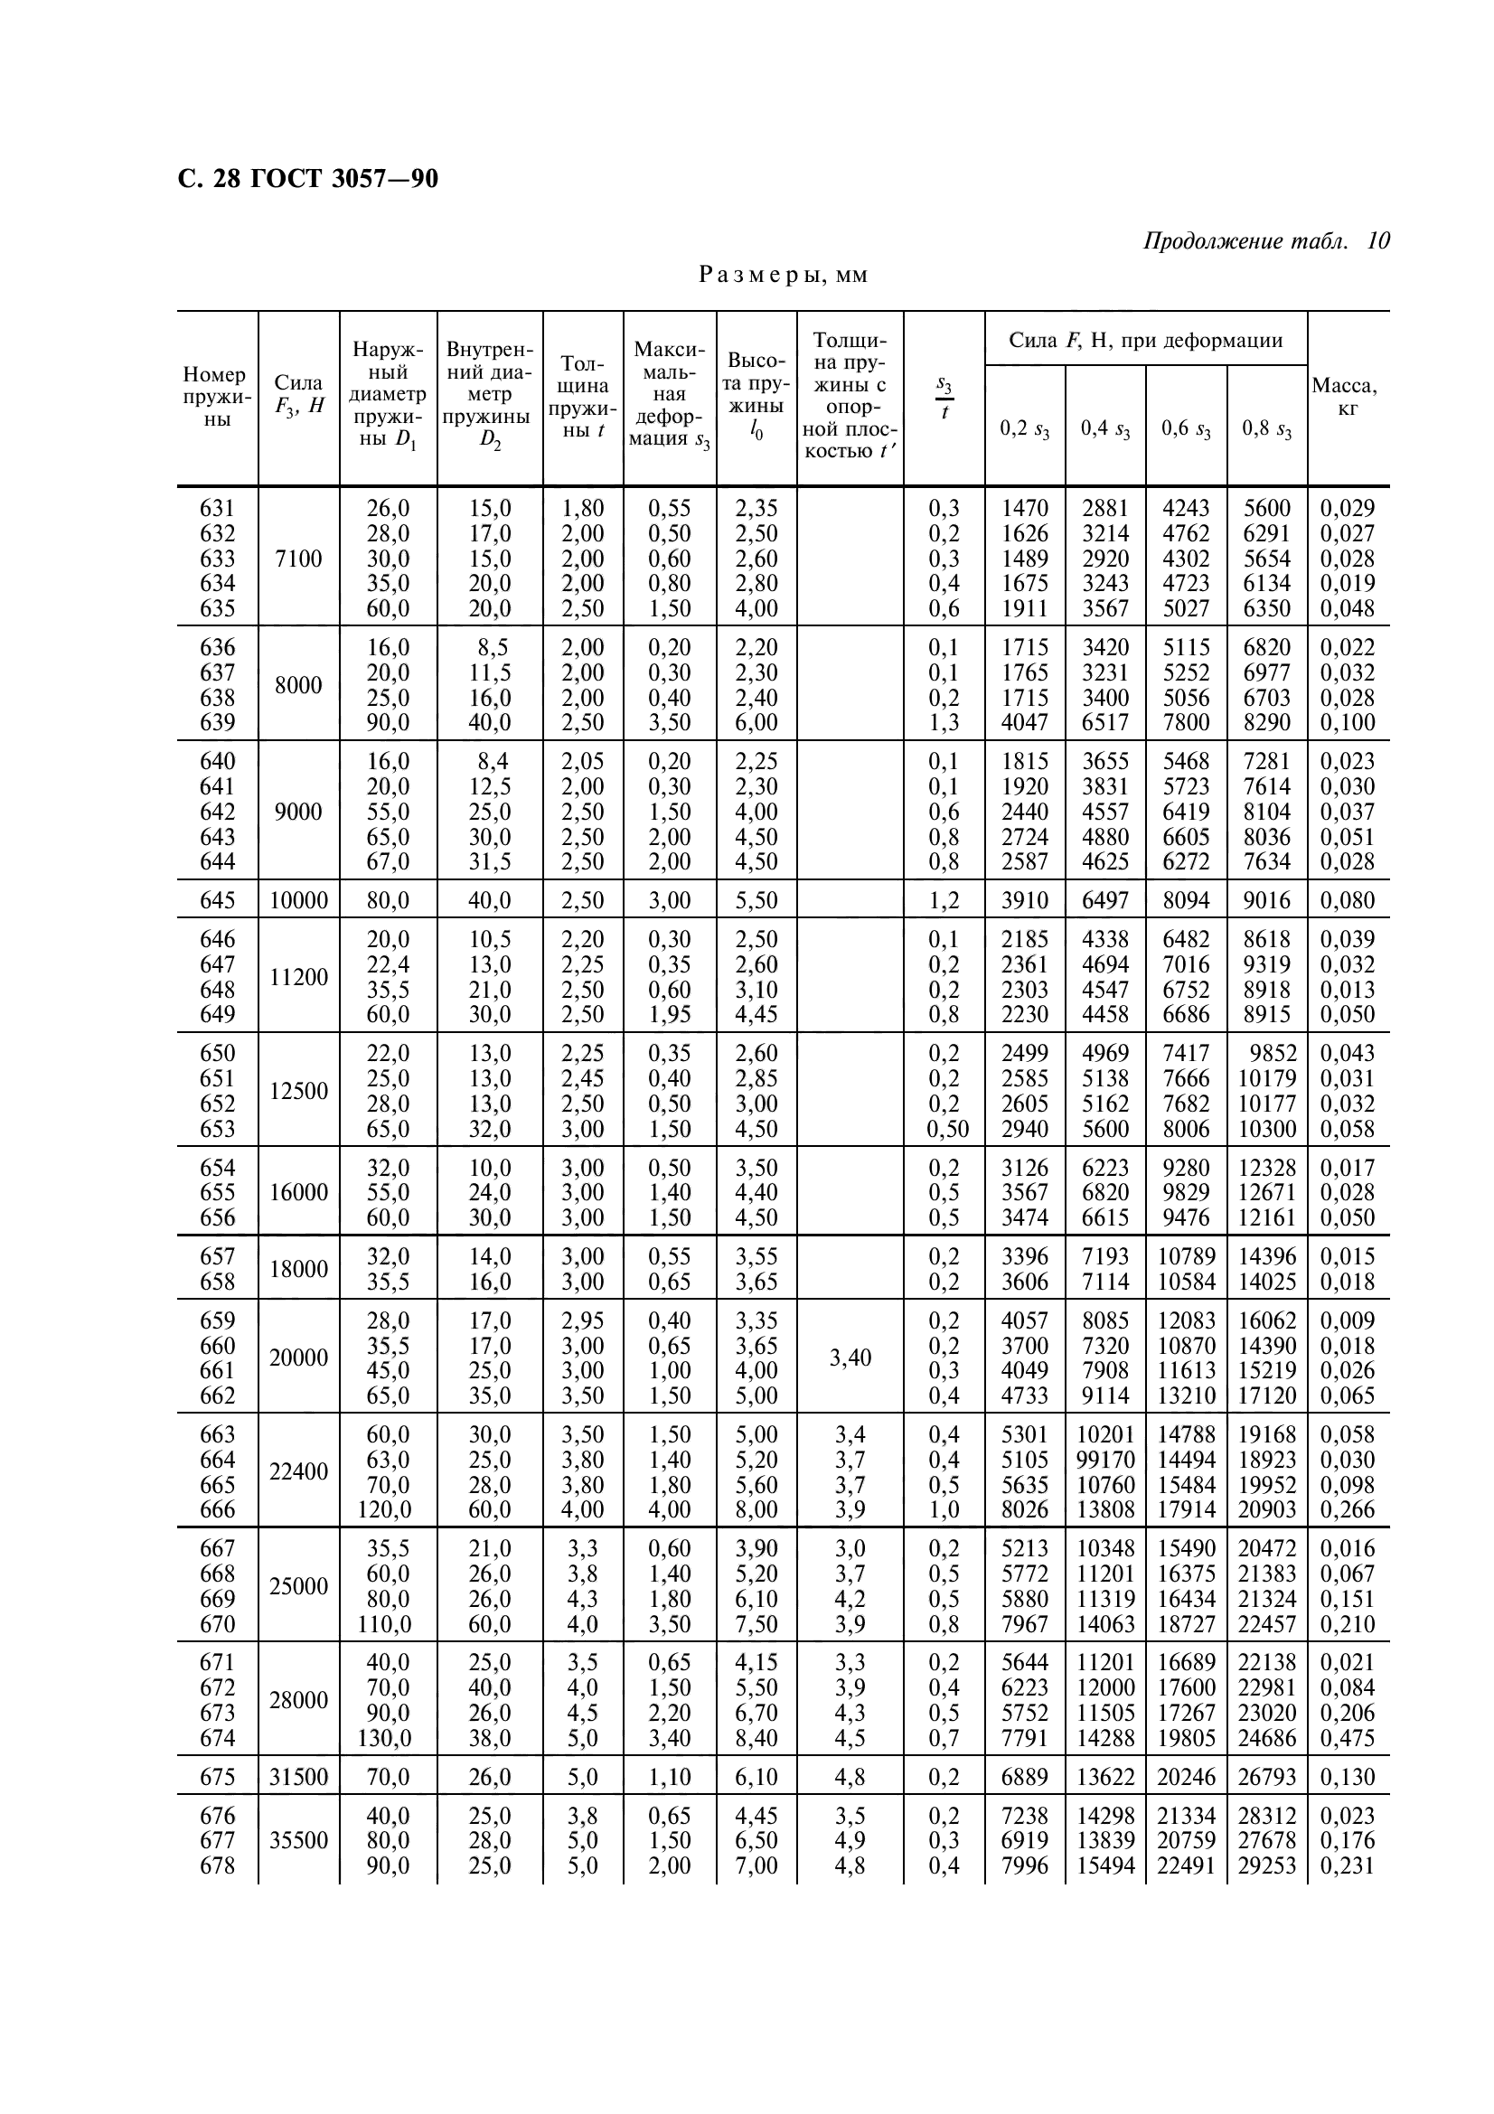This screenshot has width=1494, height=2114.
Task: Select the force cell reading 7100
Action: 298,558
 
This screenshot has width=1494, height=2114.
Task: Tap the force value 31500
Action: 298,1777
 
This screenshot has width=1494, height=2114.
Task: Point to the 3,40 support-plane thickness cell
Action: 850,1358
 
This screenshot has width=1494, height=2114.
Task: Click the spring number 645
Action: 217,899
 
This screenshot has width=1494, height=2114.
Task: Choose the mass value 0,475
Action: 1347,1738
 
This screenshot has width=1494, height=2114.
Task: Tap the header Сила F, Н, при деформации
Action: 1145,341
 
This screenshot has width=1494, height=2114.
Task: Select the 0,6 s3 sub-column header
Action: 1186,428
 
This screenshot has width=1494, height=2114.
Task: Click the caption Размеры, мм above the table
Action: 784,276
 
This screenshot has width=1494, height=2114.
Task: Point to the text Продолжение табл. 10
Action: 1265,241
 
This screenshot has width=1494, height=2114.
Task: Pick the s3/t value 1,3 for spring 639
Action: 944,723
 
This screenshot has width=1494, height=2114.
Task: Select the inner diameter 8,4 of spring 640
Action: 489,761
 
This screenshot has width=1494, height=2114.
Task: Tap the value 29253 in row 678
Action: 1266,1865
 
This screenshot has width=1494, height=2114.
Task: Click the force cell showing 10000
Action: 298,899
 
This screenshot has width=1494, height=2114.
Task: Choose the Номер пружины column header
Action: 216,397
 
